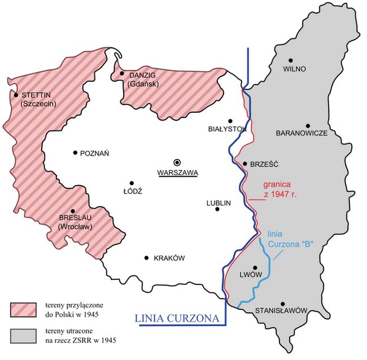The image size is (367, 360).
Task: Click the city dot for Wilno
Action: tap(291, 60)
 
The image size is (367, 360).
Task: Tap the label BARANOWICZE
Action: tap(302, 133)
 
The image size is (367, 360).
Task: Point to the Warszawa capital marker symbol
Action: tap(177, 161)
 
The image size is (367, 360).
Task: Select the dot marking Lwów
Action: tap(255, 267)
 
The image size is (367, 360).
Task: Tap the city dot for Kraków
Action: tap(147, 258)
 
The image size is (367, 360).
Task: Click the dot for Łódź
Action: tap(132, 183)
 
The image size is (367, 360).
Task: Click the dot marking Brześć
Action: tap(245, 164)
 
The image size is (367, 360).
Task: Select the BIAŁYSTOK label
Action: tap(228, 129)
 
